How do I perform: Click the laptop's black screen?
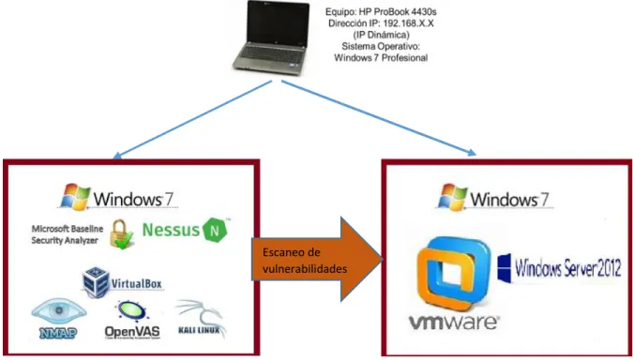pos(279,23)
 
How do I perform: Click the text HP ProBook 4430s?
pos(398,12)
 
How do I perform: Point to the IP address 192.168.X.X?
pos(408,23)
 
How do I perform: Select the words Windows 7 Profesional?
pos(381,58)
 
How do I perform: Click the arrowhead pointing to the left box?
pos(116,157)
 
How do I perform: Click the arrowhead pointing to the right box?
pos(472,152)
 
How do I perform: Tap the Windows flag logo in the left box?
pos(75,197)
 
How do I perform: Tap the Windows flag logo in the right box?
pos(453,197)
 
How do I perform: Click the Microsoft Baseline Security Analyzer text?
pos(67,234)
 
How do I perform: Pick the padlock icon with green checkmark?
pos(122,234)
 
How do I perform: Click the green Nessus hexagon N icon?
pos(215,230)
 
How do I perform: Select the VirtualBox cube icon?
pos(96,282)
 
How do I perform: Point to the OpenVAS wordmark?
pos(132,332)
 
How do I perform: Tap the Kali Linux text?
pos(199,330)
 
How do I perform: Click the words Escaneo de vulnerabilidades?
pos(305,261)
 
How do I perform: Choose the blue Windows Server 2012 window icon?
pos(505,268)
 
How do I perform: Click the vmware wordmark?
pos(454,322)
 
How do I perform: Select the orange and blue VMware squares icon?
pos(453,273)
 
